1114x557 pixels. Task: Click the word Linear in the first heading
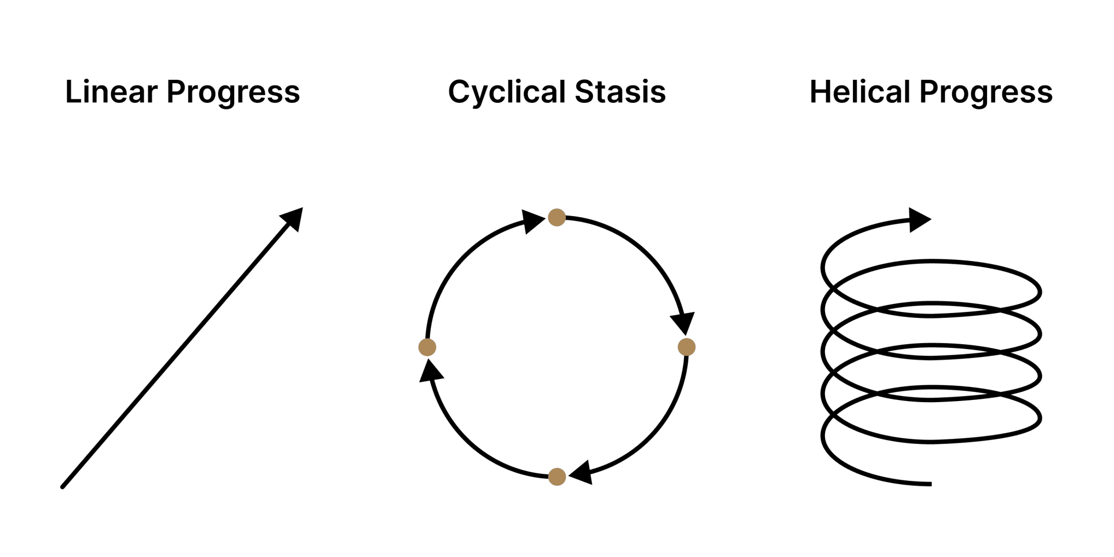click(112, 91)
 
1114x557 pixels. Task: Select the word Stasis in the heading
click(620, 91)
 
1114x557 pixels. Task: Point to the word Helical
click(860, 91)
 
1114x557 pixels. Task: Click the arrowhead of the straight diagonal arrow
click(292, 219)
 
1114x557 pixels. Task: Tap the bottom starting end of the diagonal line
click(63, 486)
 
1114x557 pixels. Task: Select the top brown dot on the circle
click(556, 217)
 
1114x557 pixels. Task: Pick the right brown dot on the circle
click(686, 347)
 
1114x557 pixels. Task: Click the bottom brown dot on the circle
click(556, 477)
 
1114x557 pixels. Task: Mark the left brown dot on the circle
click(427, 347)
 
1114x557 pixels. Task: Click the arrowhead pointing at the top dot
click(532, 222)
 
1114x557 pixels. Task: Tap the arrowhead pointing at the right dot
click(683, 323)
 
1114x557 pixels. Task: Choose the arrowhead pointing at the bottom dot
click(582, 472)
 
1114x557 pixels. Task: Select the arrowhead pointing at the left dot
click(431, 371)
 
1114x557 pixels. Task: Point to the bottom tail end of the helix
click(930, 484)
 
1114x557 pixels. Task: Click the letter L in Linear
click(72, 91)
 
